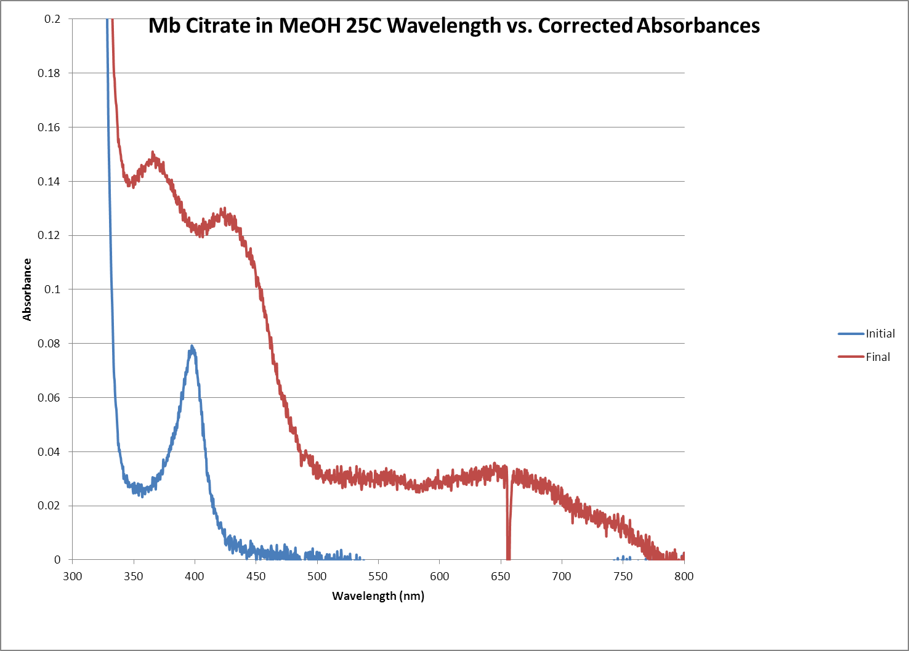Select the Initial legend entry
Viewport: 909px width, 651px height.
[880, 334]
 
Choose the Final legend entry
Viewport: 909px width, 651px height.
[878, 357]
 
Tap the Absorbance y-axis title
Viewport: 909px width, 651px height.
[27, 289]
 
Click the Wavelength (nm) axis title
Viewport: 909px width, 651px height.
[378, 596]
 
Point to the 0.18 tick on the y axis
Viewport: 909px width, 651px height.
[49, 73]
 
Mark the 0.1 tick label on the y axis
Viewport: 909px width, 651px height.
[53, 289]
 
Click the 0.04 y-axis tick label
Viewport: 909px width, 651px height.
[49, 452]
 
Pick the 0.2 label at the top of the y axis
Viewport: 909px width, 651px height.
[53, 19]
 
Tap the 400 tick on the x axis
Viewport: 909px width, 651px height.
[195, 576]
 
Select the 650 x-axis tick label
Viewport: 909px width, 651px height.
[501, 576]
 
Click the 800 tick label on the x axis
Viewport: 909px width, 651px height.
[684, 576]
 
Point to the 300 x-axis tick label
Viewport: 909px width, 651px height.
[72, 576]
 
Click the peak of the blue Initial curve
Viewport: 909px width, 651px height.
[192, 347]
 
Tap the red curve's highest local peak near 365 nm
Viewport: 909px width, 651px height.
[153, 154]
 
